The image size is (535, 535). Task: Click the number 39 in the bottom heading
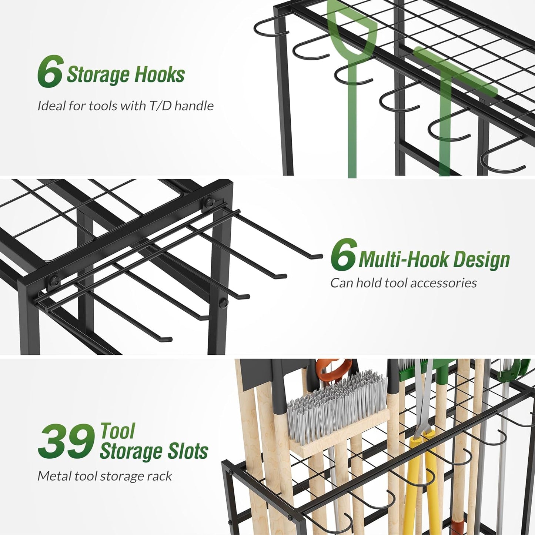(x=66, y=441)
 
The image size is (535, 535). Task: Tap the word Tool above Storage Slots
(x=117, y=431)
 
